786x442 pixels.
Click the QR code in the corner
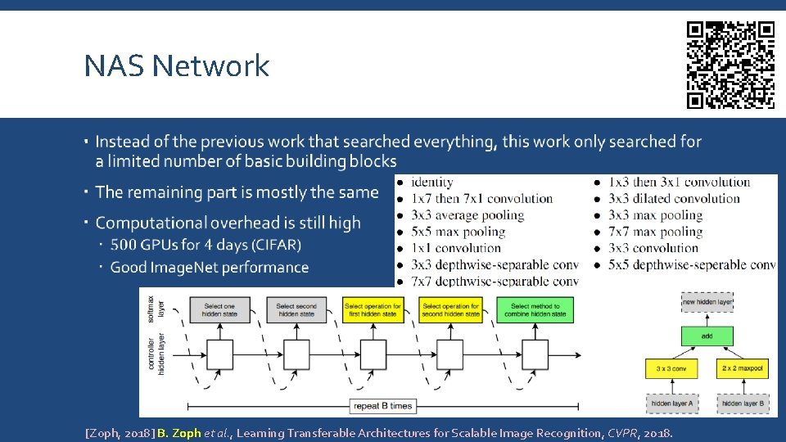(730, 65)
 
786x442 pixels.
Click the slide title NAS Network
(176, 65)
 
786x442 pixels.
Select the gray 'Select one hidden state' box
(219, 309)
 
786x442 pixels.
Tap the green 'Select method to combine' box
(536, 309)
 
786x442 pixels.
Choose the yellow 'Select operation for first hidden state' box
(371, 309)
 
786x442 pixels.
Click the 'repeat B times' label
(382, 406)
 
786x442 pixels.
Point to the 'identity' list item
(431, 183)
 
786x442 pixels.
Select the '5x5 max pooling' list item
(458, 232)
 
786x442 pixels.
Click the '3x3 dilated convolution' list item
(673, 199)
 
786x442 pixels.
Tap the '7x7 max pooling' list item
(655, 232)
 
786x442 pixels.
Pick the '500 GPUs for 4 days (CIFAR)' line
(206, 245)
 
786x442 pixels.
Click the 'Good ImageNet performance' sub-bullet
(210, 268)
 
